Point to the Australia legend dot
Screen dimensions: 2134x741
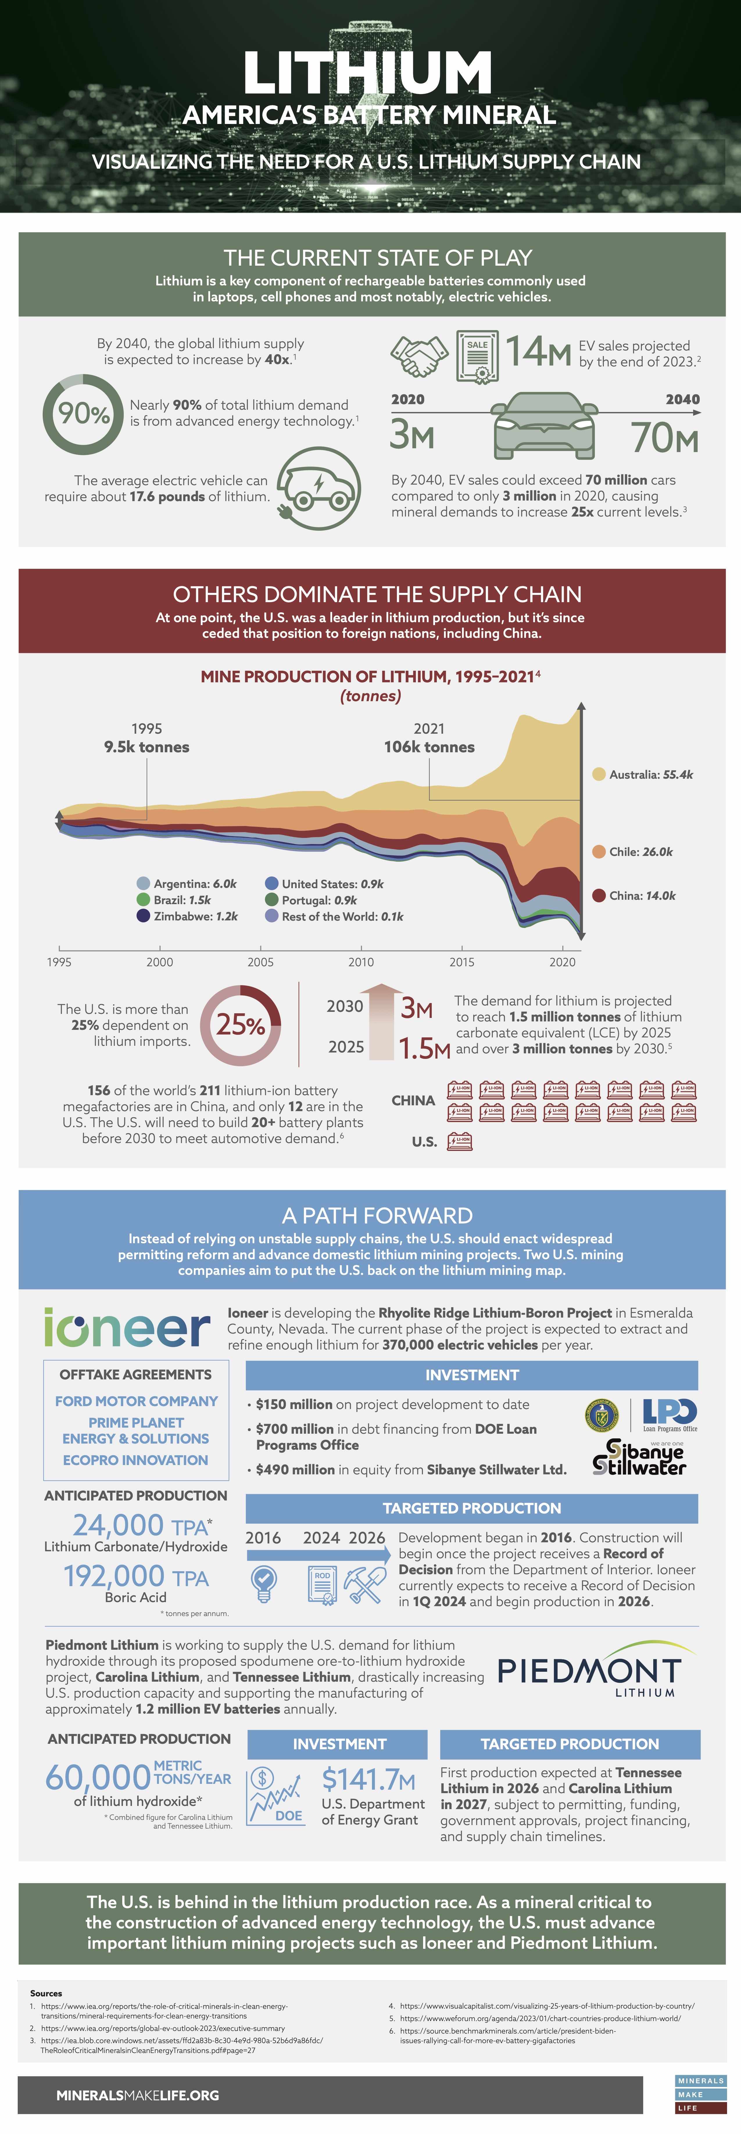pos(598,775)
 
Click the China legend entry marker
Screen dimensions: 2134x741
pos(598,895)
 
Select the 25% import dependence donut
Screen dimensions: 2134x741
pos(240,1025)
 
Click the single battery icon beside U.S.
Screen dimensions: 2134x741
pos(459,1142)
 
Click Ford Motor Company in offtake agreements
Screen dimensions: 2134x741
pos(136,1401)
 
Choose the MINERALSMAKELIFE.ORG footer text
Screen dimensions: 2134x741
pos(137,2095)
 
